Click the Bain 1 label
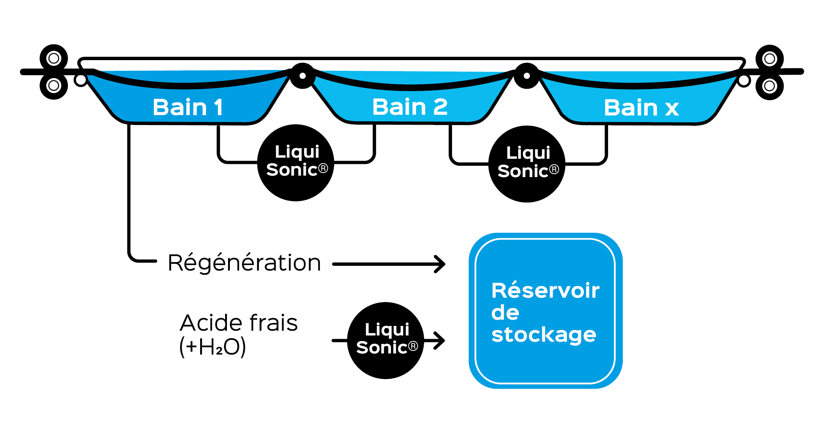tap(188, 107)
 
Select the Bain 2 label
tap(410, 107)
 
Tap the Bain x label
tap(641, 108)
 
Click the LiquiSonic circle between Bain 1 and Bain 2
tap(296, 162)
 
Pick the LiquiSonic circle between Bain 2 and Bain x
tap(527, 164)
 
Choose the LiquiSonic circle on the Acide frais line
tap(386, 340)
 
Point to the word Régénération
tap(244, 263)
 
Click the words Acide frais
tap(239, 323)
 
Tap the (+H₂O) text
tap(212, 346)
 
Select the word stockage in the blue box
tap(543, 335)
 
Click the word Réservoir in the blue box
tap(545, 291)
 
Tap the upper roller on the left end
tap(54, 58)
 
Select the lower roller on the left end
tap(54, 86)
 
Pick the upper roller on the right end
tap(769, 59)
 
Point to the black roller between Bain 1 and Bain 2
tap(303, 76)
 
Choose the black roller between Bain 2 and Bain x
tap(527, 76)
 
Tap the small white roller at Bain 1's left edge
tap(81, 80)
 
